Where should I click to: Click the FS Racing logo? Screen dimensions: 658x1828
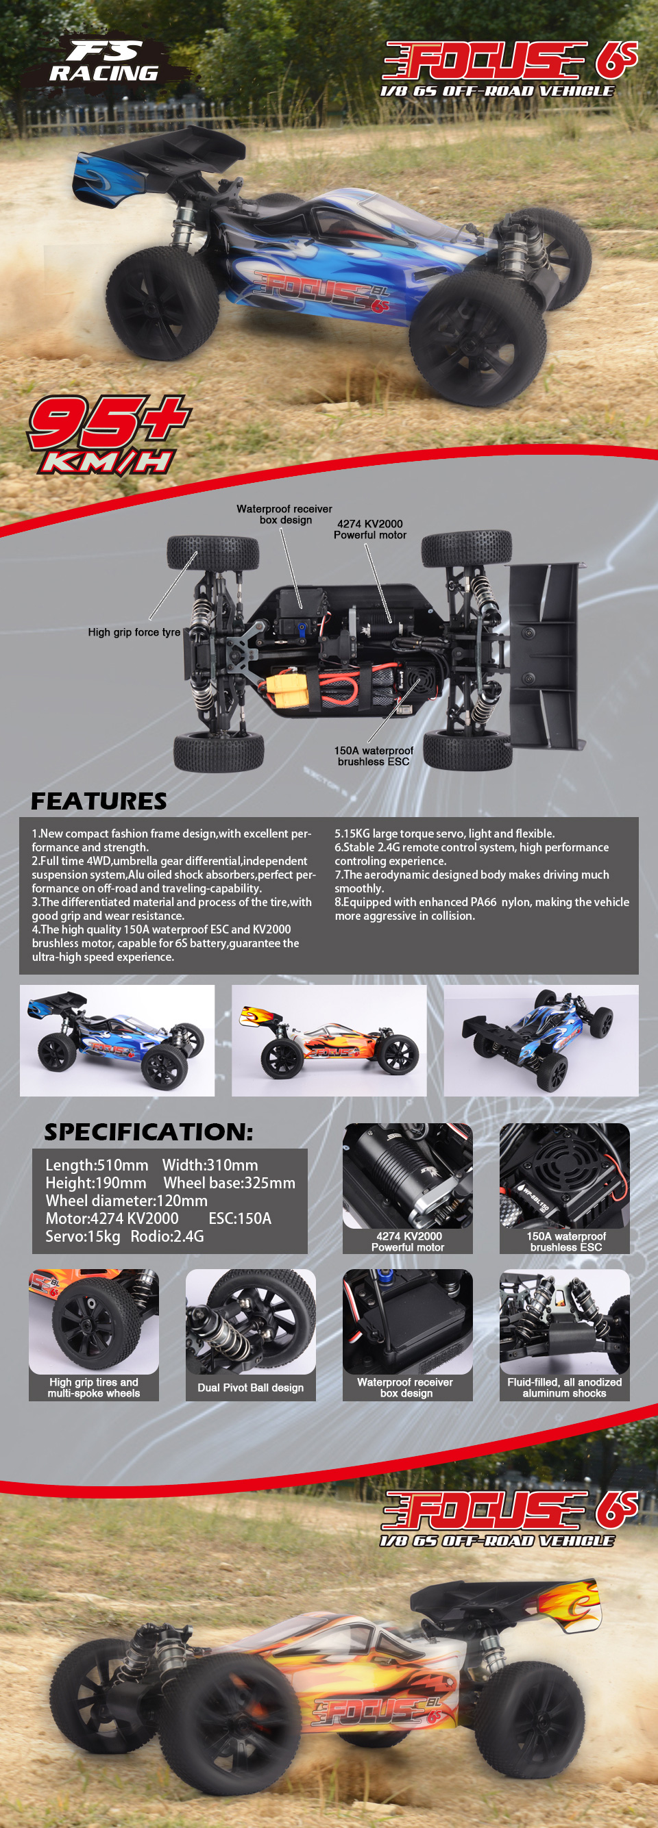pyautogui.click(x=103, y=61)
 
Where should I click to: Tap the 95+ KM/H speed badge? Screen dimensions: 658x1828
pyautogui.click(x=109, y=434)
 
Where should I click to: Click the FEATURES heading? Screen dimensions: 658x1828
pyautogui.click(x=99, y=801)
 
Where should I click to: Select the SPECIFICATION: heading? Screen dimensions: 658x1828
pyautogui.click(x=148, y=1132)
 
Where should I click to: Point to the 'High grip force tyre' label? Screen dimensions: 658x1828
pyautogui.click(x=134, y=631)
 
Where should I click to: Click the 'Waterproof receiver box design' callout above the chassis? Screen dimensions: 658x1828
pyautogui.click(x=284, y=514)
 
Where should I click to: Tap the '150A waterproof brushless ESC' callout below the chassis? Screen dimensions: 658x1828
pyautogui.click(x=374, y=755)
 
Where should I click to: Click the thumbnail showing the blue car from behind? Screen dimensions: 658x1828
pyautogui.click(x=541, y=1040)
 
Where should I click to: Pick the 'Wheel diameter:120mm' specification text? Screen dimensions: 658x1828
pyautogui.click(x=126, y=1201)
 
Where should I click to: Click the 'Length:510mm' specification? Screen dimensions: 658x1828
pyautogui.click(x=97, y=1165)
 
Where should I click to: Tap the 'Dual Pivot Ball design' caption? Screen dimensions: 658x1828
pyautogui.click(x=251, y=1388)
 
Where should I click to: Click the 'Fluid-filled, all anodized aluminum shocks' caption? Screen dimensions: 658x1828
pyautogui.click(x=564, y=1388)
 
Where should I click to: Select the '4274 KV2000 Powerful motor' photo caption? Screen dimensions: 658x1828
pyautogui.click(x=408, y=1241)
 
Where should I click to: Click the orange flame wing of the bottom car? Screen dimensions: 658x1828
pyautogui.click(x=571, y=1606)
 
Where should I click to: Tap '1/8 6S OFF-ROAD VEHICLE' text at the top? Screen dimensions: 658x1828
pyautogui.click(x=497, y=91)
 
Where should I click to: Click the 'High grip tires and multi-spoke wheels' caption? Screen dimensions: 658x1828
pyautogui.click(x=94, y=1388)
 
